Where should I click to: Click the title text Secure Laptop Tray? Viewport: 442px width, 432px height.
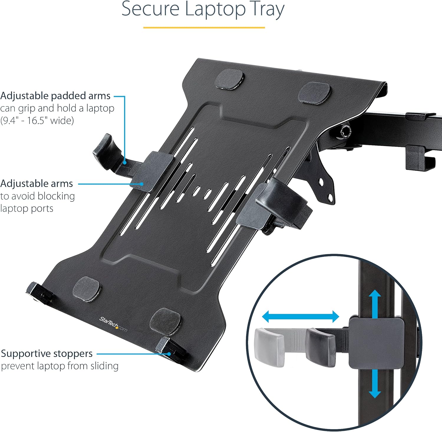pos(203,9)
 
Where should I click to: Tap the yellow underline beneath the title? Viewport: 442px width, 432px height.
pos(204,27)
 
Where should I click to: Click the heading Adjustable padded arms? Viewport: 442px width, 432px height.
pos(55,96)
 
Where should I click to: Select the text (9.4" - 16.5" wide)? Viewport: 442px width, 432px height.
pos(37,121)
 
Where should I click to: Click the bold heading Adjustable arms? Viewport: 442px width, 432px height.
pos(37,184)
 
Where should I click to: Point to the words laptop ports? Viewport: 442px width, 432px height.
pos(27,208)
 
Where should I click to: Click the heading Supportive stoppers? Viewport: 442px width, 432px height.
pos(47,353)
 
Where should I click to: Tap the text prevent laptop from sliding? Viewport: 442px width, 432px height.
pos(60,366)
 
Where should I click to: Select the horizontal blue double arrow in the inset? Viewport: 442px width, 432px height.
pos(301,317)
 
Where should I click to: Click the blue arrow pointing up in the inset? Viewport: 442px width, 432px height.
pos(375,304)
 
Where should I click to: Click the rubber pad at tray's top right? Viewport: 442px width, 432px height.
pos(314,93)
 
